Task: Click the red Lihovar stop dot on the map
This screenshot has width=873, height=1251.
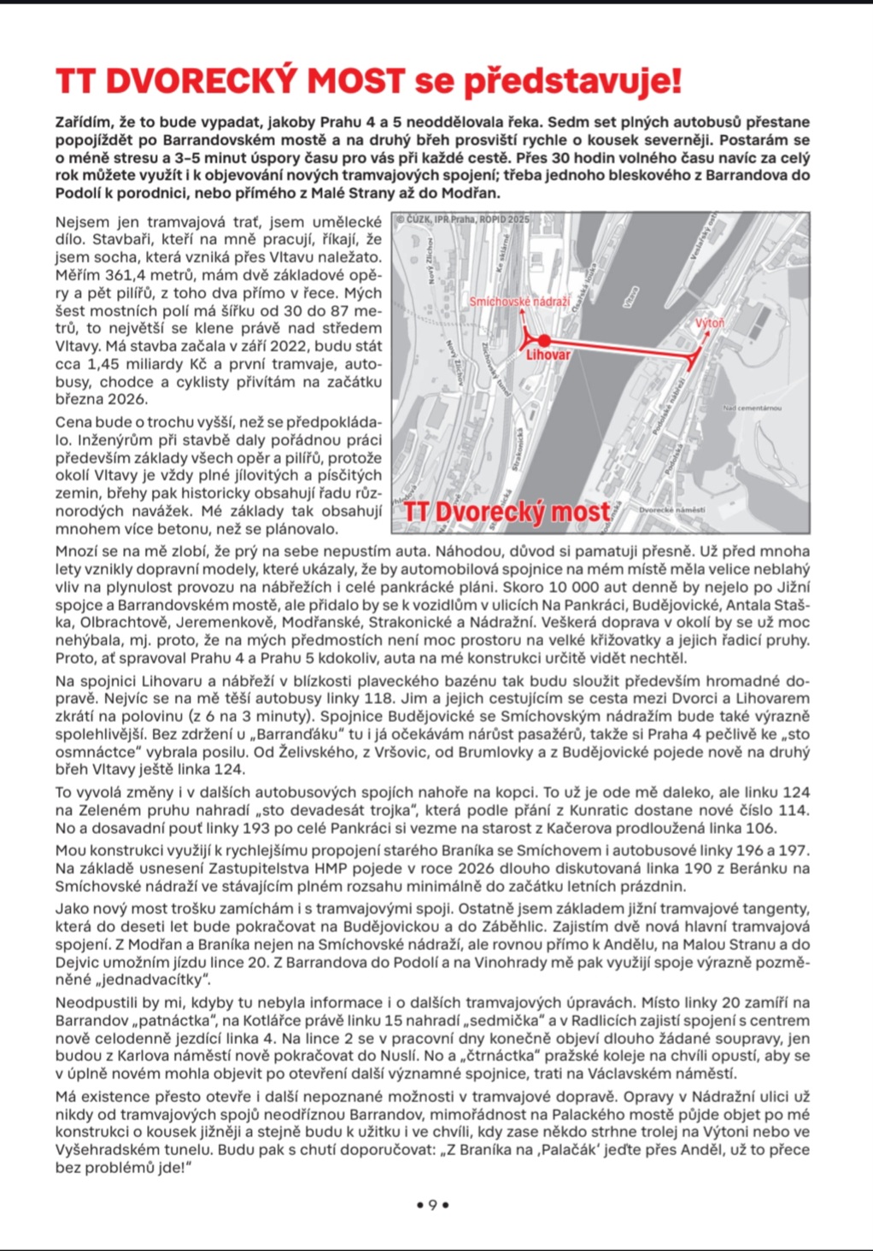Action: pyautogui.click(x=544, y=341)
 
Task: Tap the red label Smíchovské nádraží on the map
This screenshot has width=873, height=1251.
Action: pyautogui.click(x=519, y=302)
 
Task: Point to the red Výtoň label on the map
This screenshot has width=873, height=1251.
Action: pyautogui.click(x=709, y=323)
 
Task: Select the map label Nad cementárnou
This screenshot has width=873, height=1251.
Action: pyautogui.click(x=752, y=408)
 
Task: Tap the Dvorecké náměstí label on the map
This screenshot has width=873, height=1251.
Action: pyautogui.click(x=673, y=509)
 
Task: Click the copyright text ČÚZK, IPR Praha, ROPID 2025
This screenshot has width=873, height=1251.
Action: pyautogui.click(x=462, y=220)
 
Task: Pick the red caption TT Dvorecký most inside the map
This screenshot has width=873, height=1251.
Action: pyautogui.click(x=507, y=512)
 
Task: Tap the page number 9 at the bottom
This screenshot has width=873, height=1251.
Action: pyautogui.click(x=432, y=1205)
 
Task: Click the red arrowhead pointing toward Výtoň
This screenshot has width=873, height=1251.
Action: pyautogui.click(x=705, y=335)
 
